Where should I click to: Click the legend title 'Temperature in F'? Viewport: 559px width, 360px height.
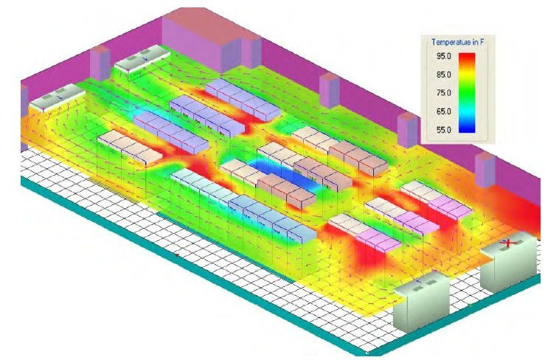tap(457, 42)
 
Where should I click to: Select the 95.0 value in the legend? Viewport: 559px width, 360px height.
tap(444, 56)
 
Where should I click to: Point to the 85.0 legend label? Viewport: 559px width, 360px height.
tap(444, 75)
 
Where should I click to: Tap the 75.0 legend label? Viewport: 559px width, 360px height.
tap(444, 93)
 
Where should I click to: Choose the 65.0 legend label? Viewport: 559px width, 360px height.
tap(444, 111)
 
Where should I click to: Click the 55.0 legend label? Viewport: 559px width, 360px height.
tap(444, 130)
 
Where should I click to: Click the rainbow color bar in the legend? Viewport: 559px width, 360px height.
tap(467, 93)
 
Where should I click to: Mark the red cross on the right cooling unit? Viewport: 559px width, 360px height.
tap(509, 243)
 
